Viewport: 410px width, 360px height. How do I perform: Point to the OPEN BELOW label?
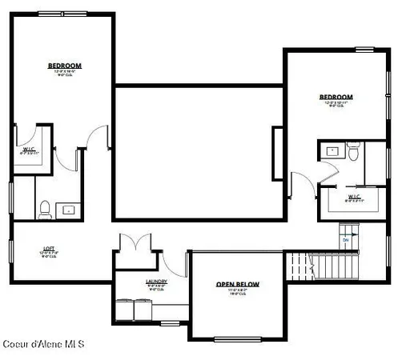pyautogui.click(x=237, y=285)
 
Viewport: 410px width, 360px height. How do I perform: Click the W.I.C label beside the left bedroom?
pyautogui.click(x=28, y=149)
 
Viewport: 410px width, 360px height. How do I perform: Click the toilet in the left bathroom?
pyautogui.click(x=45, y=210)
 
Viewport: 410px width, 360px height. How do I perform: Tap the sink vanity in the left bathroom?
pyautogui.click(x=69, y=210)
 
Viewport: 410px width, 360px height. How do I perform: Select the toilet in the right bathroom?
pyautogui.click(x=353, y=152)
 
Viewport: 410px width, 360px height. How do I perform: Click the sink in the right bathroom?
pyautogui.click(x=331, y=150)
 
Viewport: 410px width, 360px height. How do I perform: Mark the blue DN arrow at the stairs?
pyautogui.click(x=346, y=238)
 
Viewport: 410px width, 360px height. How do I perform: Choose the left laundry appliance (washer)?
pyautogui.click(x=127, y=308)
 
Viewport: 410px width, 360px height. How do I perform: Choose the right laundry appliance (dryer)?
pyautogui.click(x=145, y=308)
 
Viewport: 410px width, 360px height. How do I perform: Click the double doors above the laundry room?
pyautogui.click(x=130, y=242)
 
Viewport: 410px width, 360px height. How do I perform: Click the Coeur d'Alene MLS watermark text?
pyautogui.click(x=42, y=344)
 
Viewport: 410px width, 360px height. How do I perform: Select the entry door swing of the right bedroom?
pyautogui.click(x=299, y=186)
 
